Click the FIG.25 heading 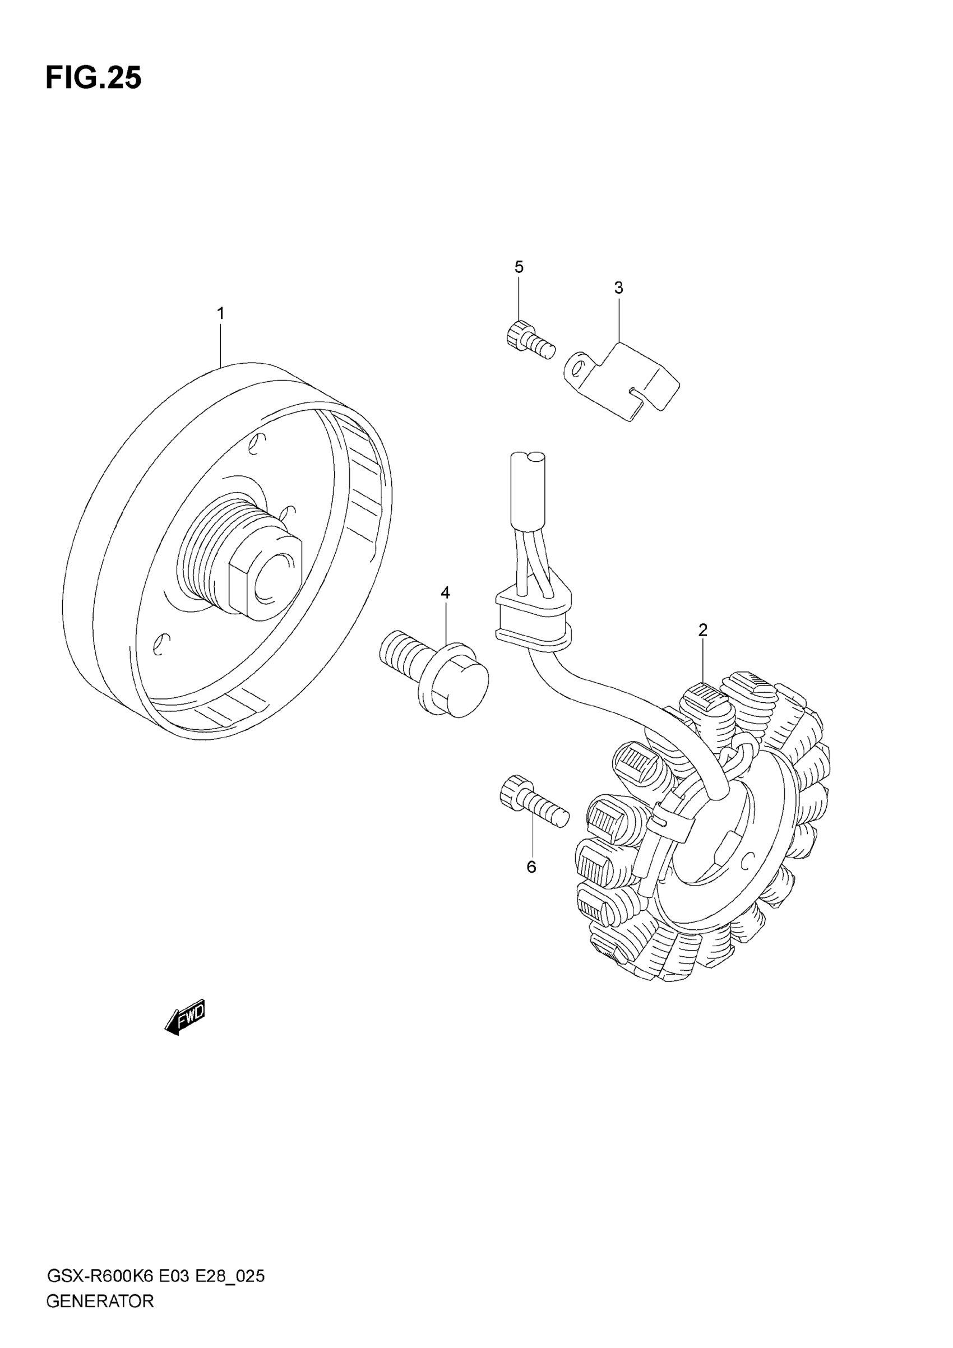click(x=94, y=78)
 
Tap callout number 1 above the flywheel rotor click(x=221, y=313)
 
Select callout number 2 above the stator click(x=703, y=630)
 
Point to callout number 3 click(x=618, y=288)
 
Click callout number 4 click(x=445, y=593)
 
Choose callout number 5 click(x=519, y=267)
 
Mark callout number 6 click(x=531, y=867)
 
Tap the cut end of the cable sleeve click(x=528, y=458)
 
